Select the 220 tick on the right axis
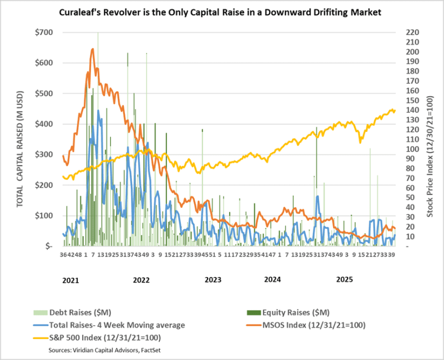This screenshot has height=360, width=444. point(405,32)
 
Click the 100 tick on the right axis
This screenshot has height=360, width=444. point(405,149)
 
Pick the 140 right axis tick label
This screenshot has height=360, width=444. point(405,110)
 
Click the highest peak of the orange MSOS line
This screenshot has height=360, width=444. point(92,49)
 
